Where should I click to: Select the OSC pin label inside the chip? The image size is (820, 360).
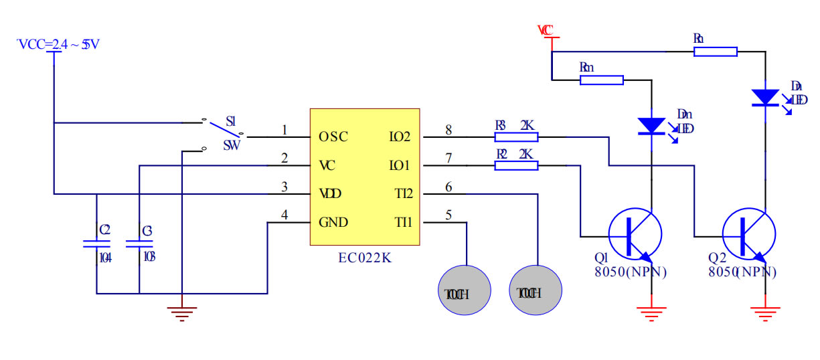tap(333, 137)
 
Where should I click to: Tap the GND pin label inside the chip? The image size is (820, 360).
tap(333, 222)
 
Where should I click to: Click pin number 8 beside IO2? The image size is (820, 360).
tap(448, 129)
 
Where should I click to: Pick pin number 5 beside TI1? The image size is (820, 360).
tap(448, 215)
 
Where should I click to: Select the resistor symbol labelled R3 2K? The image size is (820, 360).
tap(516, 137)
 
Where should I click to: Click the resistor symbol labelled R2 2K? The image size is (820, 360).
tap(516, 165)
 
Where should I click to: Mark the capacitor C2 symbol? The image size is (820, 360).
tap(96, 245)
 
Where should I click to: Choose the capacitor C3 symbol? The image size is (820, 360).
tap(139, 245)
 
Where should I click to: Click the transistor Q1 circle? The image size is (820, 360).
tap(635, 236)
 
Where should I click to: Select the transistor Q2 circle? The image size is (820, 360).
tap(748, 236)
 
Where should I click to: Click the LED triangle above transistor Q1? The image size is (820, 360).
tap(651, 126)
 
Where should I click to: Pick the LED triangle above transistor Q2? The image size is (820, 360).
tap(764, 98)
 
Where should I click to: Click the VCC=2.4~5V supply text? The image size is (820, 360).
tap(59, 44)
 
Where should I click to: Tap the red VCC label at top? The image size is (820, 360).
tap(546, 30)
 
